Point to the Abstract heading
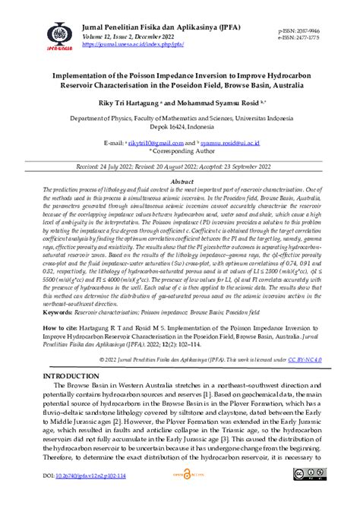tap(179, 182)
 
